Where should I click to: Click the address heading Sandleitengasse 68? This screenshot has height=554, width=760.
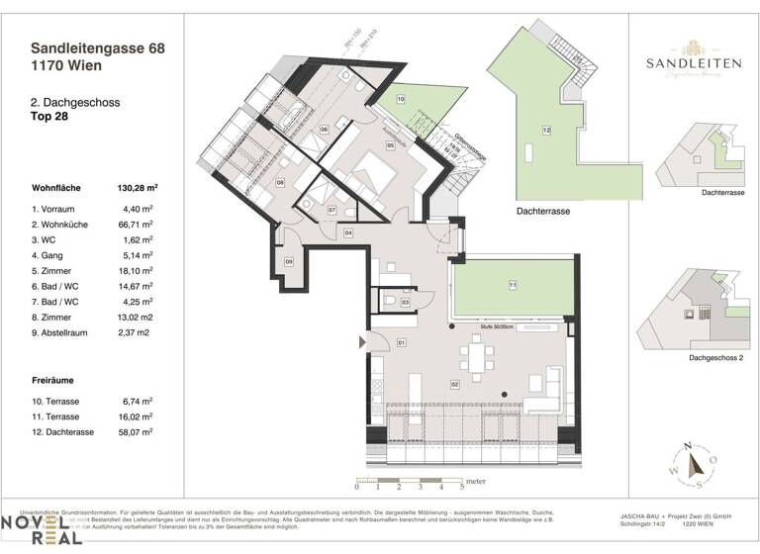click(x=100, y=46)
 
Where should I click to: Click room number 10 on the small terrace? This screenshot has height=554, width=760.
click(x=401, y=100)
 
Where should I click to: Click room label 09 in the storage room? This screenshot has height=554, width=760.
click(x=289, y=261)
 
